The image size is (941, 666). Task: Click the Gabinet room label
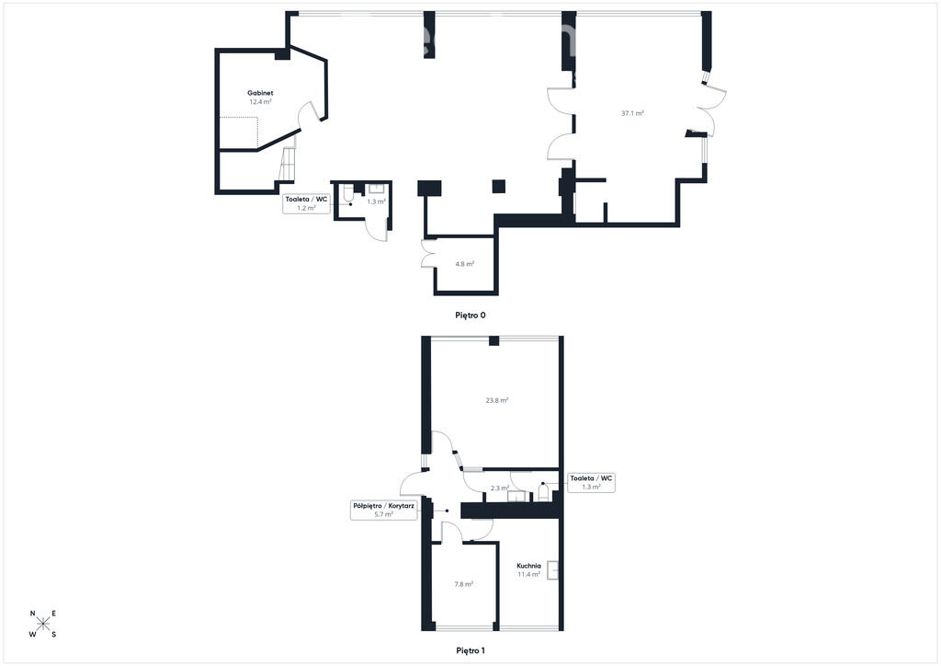260,93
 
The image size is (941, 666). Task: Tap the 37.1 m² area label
632,113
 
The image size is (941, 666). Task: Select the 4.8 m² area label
464,264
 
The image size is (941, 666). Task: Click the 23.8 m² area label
497,400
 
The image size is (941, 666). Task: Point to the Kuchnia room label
528,566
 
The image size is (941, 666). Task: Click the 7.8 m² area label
463,584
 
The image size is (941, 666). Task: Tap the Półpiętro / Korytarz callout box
383,510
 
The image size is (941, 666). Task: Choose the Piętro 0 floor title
470,315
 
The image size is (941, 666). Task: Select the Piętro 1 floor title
470,650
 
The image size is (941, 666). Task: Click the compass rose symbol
43,624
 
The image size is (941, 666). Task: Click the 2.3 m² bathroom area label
499,488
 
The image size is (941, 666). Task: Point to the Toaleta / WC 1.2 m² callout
307,203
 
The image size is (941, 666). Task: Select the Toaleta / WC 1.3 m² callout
591,483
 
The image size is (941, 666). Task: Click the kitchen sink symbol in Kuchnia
552,570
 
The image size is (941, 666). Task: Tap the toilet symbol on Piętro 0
348,194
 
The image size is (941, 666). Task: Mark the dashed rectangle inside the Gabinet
238,132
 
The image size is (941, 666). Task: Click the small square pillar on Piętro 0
499,187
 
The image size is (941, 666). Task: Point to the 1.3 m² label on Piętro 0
376,201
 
